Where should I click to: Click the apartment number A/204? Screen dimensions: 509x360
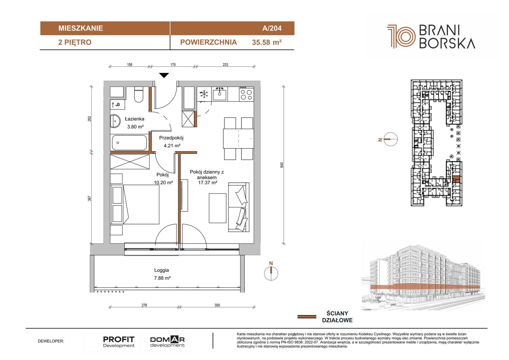pyautogui.click(x=272, y=28)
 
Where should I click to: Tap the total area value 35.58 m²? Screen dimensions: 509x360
pyautogui.click(x=267, y=42)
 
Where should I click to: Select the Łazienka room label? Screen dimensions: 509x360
pyautogui.click(x=135, y=119)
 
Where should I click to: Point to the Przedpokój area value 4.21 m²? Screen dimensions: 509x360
pyautogui.click(x=172, y=145)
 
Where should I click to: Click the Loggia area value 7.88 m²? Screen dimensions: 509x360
pyautogui.click(x=162, y=278)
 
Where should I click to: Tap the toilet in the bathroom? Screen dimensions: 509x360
pyautogui.click(x=139, y=95)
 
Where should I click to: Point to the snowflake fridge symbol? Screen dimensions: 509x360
pyautogui.click(x=204, y=94)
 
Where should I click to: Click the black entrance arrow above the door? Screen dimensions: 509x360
pyautogui.click(x=164, y=75)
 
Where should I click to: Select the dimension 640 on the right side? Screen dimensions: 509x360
pyautogui.click(x=282, y=165)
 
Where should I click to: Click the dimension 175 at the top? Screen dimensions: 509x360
pyautogui.click(x=173, y=65)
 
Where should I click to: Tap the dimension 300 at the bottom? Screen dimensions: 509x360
pyautogui.click(x=217, y=305)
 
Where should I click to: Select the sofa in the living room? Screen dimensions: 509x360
pyautogui.click(x=239, y=207)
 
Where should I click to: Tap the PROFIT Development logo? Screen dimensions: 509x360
pyautogui.click(x=119, y=342)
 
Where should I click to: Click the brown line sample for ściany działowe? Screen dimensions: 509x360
pyautogui.click(x=307, y=317)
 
